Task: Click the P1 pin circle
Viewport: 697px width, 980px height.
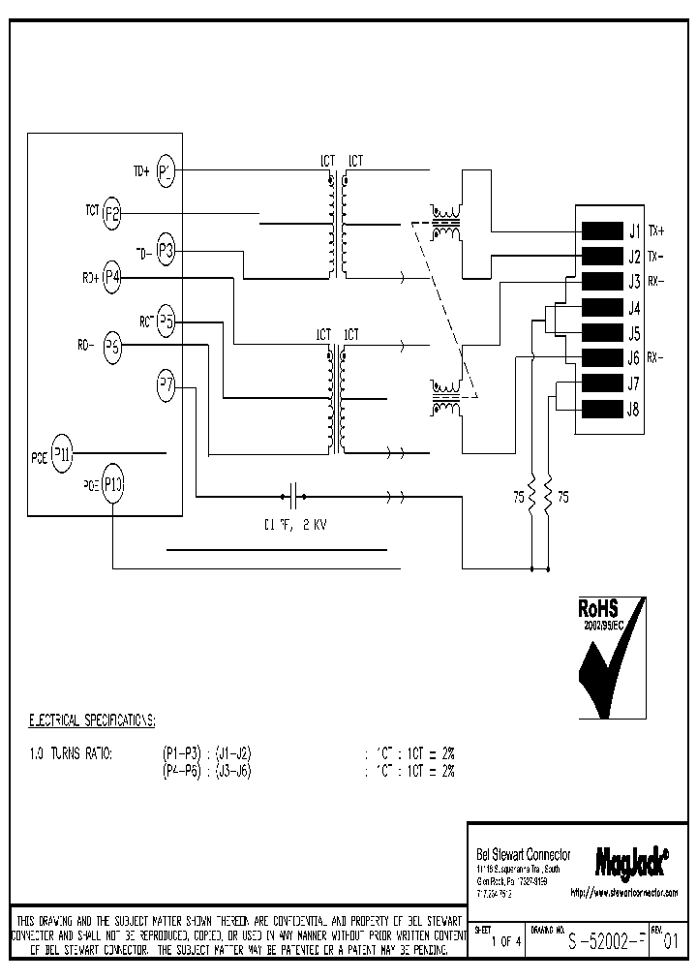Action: pos(166,171)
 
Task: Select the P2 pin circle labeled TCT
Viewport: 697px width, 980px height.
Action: pos(111,213)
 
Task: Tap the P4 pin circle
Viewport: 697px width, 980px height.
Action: pos(111,277)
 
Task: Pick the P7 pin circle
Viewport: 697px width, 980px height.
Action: pos(166,384)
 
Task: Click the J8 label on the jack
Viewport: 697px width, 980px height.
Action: pos(634,409)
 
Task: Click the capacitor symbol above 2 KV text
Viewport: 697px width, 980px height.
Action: pos(293,498)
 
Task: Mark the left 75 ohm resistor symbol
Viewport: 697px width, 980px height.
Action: pos(530,497)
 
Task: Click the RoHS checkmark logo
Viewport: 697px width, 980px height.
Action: pos(610,658)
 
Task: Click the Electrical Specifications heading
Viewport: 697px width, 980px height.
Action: pos(92,721)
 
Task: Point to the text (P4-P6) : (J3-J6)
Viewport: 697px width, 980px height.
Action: pos(208,771)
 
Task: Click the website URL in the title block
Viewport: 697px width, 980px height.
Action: pos(624,891)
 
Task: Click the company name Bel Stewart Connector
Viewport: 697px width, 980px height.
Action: pos(524,854)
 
